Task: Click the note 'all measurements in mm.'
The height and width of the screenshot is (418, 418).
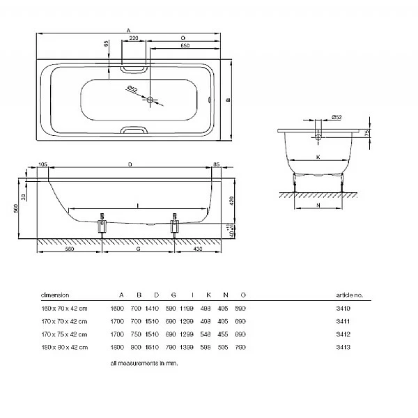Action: click(144, 364)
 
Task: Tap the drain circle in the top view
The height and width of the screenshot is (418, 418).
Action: click(150, 100)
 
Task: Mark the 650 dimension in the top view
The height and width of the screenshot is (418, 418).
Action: click(185, 46)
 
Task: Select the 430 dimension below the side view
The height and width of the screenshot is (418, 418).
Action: click(199, 249)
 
